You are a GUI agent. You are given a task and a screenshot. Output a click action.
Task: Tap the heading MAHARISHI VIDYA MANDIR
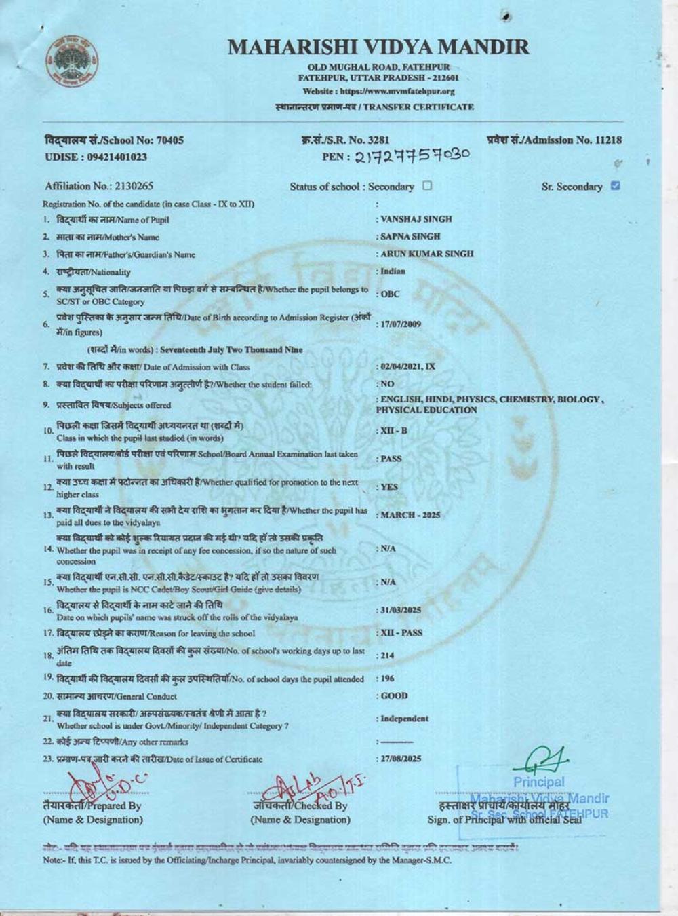pyautogui.click(x=378, y=47)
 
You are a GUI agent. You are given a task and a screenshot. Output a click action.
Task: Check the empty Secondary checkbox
pyautogui.click(x=427, y=185)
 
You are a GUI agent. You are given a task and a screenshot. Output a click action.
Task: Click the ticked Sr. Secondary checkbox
pyautogui.click(x=616, y=185)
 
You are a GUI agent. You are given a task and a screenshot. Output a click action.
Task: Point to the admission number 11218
pyautogui.click(x=608, y=140)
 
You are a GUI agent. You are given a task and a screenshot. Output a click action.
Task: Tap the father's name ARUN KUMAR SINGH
pyautogui.click(x=426, y=254)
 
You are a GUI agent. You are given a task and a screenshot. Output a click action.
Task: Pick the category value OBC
pyautogui.click(x=390, y=294)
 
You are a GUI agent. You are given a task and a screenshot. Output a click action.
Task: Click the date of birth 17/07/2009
pyautogui.click(x=401, y=324)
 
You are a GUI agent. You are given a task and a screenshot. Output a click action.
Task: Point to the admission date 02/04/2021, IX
pyautogui.click(x=407, y=367)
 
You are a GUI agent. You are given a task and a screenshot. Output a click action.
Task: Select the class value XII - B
pyautogui.click(x=394, y=431)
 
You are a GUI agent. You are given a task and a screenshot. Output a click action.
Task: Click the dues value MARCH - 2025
pyautogui.click(x=410, y=515)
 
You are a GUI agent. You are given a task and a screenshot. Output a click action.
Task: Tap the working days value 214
pyautogui.click(x=387, y=655)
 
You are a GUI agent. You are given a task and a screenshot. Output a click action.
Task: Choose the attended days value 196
pyautogui.click(x=387, y=679)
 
